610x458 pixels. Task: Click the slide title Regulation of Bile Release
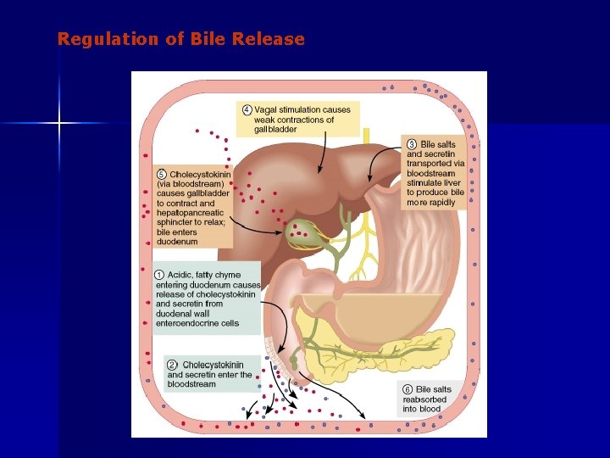point(180,39)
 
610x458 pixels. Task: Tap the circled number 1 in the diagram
point(159,275)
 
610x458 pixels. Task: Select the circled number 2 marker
point(172,365)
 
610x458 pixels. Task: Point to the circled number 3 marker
point(412,144)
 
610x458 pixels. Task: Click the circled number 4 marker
point(247,109)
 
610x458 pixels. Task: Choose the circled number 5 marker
point(162,175)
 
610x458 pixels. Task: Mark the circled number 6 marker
point(408,389)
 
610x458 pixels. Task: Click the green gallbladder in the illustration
point(302,230)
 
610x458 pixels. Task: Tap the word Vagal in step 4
point(268,109)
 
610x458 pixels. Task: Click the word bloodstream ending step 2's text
point(191,384)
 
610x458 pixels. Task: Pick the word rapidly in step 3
point(442,203)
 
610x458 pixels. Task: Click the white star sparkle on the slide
point(59,124)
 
